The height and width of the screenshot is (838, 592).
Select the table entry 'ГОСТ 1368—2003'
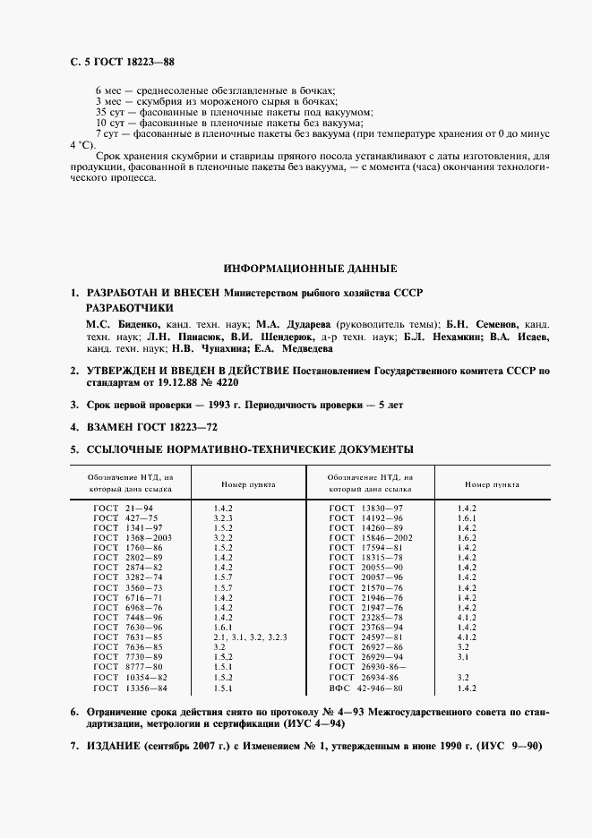pos(133,537)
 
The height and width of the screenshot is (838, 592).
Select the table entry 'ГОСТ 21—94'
pos(124,508)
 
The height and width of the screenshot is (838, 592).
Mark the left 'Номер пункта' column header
pos(248,483)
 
